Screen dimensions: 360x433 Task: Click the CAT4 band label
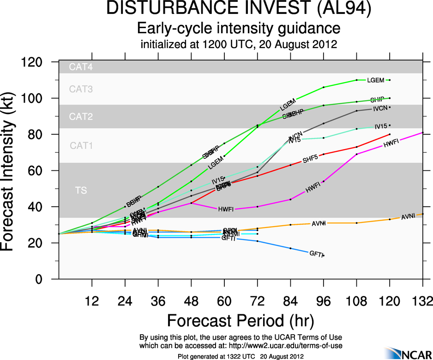pos(81,67)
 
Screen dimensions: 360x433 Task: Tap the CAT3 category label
pos(81,89)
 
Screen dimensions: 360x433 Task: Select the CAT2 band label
pos(81,117)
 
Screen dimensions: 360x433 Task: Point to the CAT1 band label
pos(81,146)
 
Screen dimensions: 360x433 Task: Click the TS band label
pos(81,190)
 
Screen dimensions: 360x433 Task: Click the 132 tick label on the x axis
pos(422,301)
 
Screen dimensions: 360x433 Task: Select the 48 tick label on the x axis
pos(191,301)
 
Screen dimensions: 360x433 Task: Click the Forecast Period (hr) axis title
pos(240,320)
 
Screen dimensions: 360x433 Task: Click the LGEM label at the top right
pos(375,80)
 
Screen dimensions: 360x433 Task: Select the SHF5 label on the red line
pos(311,160)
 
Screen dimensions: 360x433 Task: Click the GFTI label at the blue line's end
pos(315,253)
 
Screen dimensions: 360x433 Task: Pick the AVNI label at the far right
pos(409,216)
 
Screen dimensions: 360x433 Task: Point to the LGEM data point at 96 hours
pos(324,87)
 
